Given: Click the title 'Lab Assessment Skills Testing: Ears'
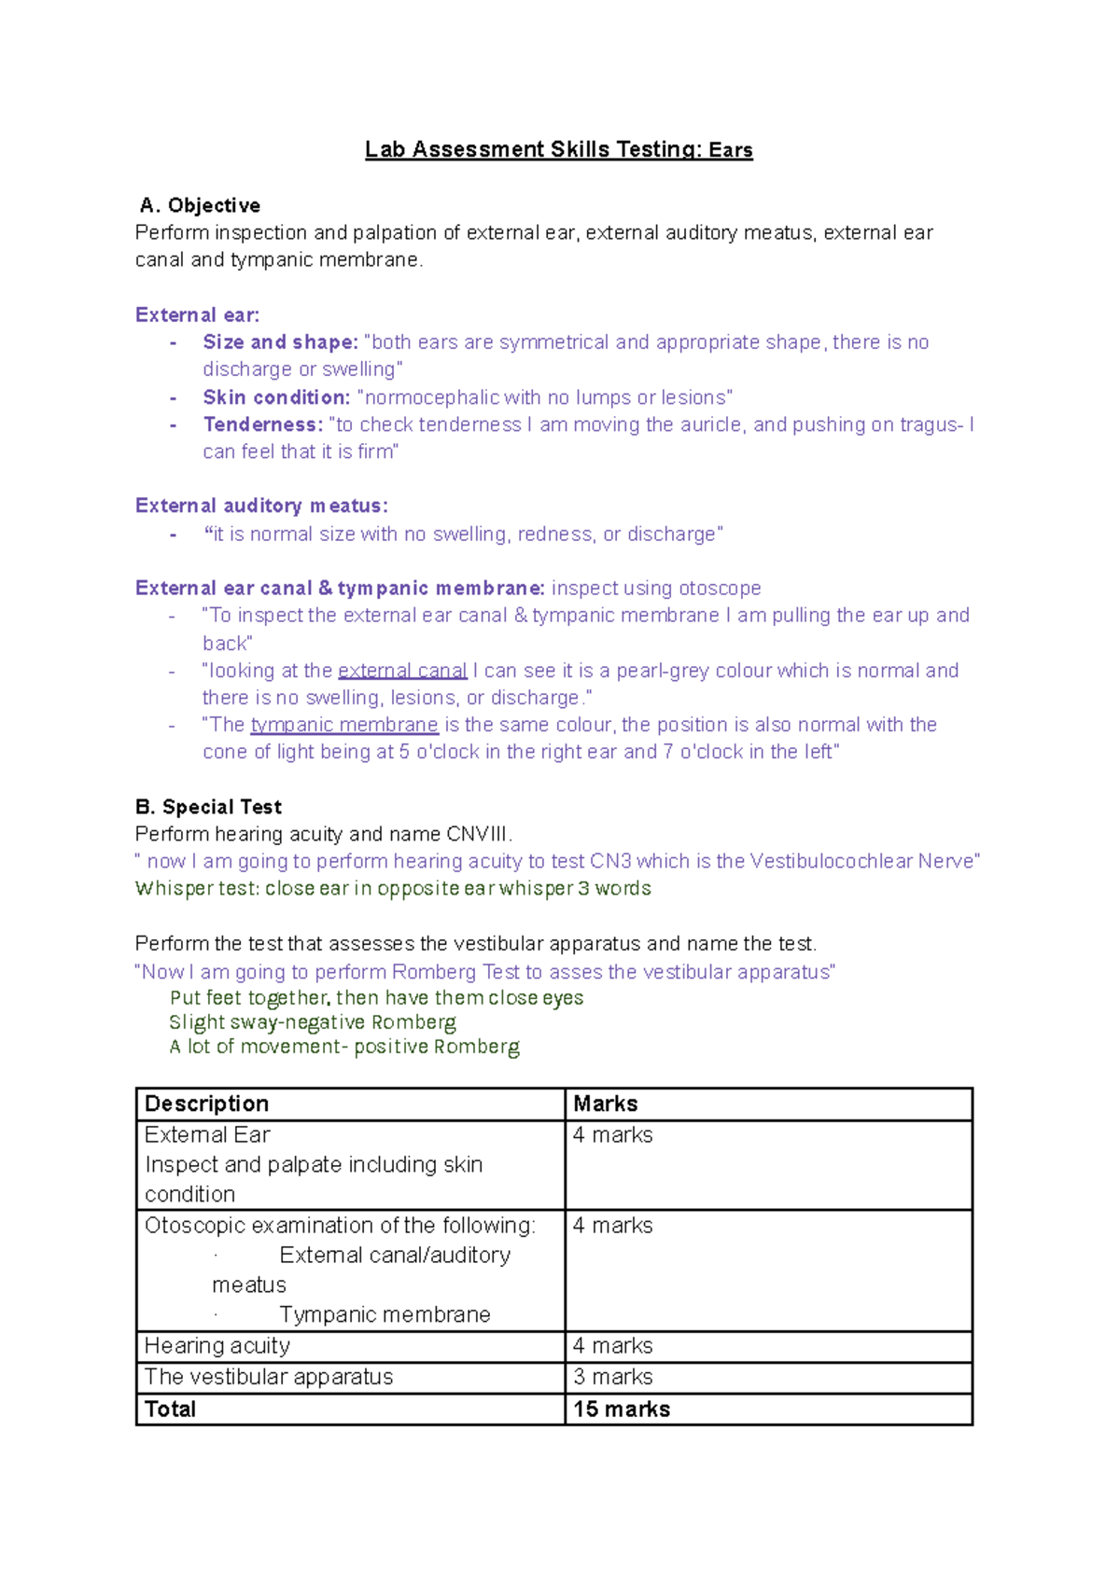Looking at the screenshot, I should point(558,150).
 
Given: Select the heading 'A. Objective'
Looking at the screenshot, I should point(200,205).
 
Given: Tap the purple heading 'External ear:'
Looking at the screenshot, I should point(197,315).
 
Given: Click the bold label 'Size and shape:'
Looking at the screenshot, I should point(280,342).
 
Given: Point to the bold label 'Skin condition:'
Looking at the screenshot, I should point(276,397).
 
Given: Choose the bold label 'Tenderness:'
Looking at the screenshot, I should point(262,424).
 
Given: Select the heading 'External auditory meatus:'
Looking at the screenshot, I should point(261,506).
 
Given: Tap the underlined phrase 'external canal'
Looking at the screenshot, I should point(402,671).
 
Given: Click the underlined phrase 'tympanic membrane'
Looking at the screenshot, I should point(344,725).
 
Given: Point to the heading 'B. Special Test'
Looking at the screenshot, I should point(208,807).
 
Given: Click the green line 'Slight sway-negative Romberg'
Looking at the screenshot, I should point(313,1022).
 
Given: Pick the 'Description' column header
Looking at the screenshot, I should point(206,1104).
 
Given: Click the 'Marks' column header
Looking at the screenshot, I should point(606,1104).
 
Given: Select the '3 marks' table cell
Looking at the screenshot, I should point(613,1377).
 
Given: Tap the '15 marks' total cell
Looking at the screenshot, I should point(622,1409).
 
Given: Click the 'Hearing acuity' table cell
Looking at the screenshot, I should point(217,1346).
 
